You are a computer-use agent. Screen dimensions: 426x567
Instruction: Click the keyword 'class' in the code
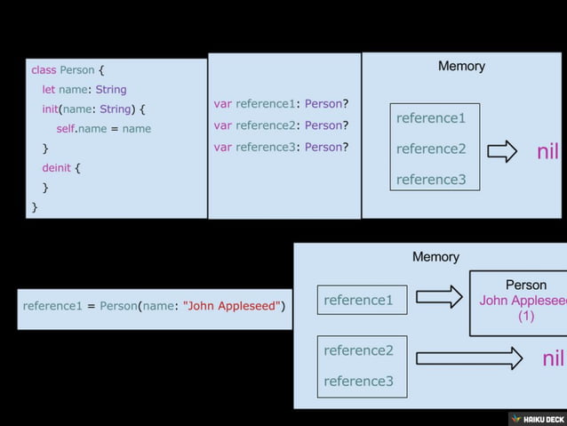44,69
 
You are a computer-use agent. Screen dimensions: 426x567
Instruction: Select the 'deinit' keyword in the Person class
58,167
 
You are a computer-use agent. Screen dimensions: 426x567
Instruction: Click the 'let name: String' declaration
84,89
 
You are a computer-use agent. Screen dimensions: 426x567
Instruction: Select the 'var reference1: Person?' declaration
281,103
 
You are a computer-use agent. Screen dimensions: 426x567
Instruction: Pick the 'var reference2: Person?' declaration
281,125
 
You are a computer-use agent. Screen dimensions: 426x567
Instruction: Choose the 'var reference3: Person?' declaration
281,147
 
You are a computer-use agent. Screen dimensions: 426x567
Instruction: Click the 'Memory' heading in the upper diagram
461,66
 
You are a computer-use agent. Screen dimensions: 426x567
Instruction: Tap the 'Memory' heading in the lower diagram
435,256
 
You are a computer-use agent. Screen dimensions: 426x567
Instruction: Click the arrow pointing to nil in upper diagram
502,151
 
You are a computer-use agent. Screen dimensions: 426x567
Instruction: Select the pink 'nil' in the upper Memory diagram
548,151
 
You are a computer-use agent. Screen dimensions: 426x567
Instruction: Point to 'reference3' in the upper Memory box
431,180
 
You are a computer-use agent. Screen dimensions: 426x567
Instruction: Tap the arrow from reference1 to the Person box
439,297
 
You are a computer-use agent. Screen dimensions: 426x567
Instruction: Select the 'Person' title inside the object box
526,285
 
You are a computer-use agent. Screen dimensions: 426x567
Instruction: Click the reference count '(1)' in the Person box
526,317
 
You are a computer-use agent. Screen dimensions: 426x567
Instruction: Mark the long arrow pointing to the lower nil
468,358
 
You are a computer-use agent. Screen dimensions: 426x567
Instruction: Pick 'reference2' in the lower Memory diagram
358,350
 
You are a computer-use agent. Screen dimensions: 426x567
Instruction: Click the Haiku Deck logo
537,418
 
